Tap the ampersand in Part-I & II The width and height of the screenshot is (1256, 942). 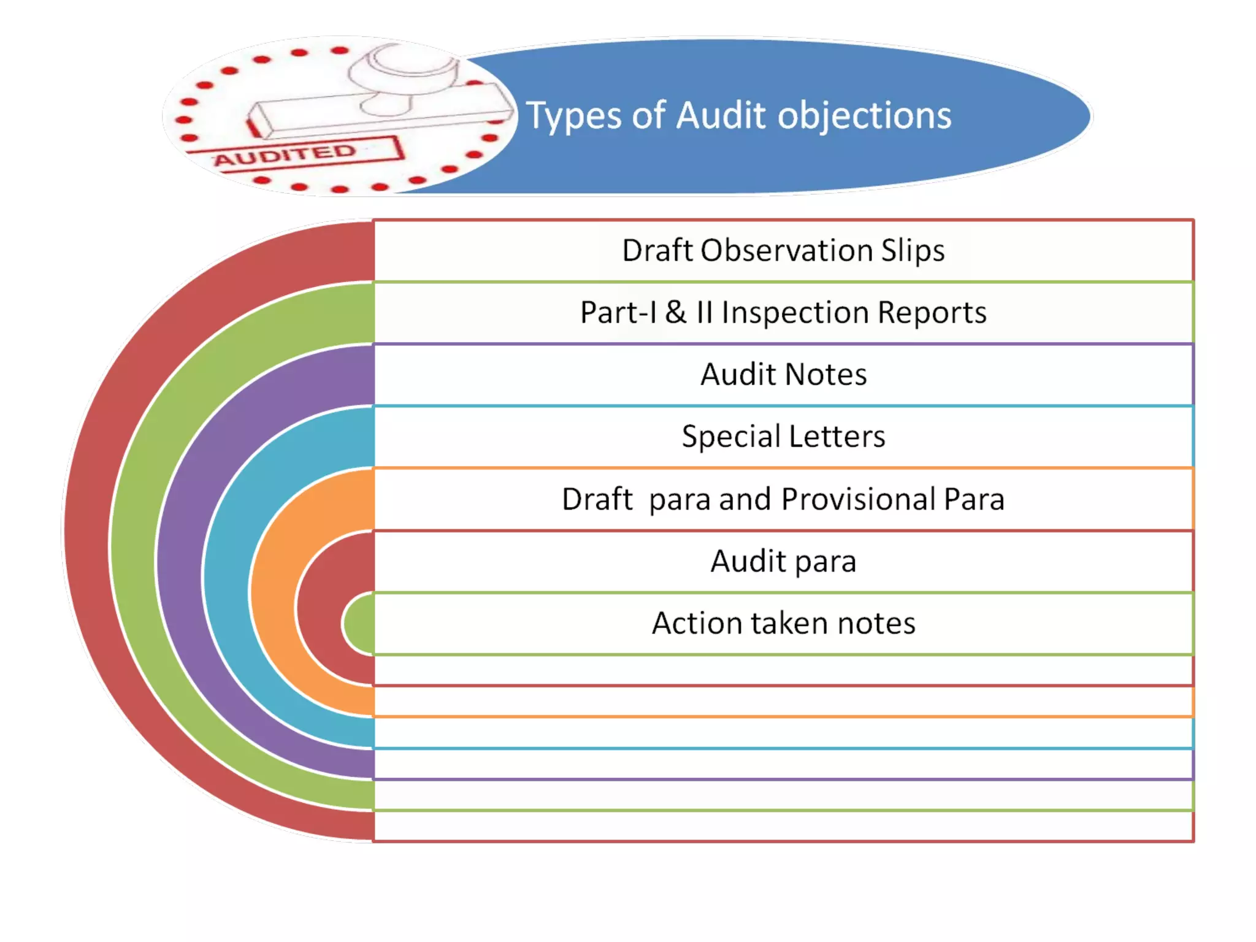click(676, 312)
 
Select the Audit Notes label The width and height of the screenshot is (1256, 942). click(783, 374)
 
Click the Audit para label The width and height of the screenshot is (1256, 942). click(783, 561)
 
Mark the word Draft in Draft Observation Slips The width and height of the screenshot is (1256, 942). click(657, 250)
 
